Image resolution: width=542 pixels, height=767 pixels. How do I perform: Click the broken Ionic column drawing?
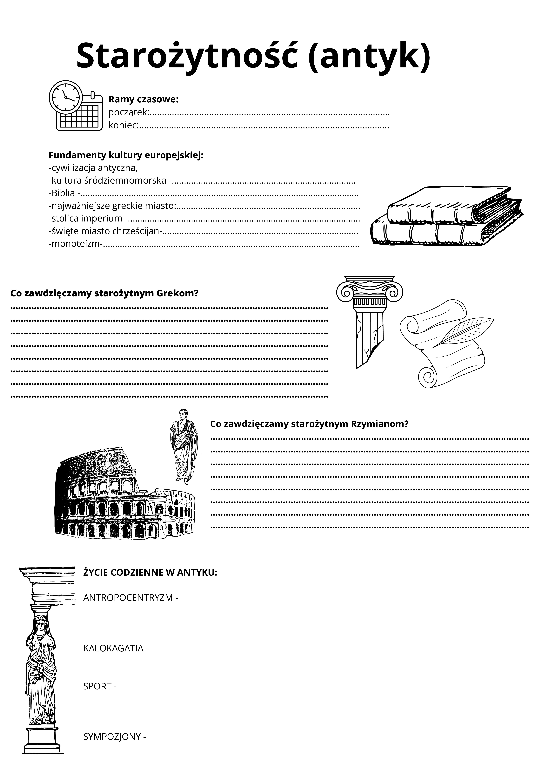click(x=369, y=321)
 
